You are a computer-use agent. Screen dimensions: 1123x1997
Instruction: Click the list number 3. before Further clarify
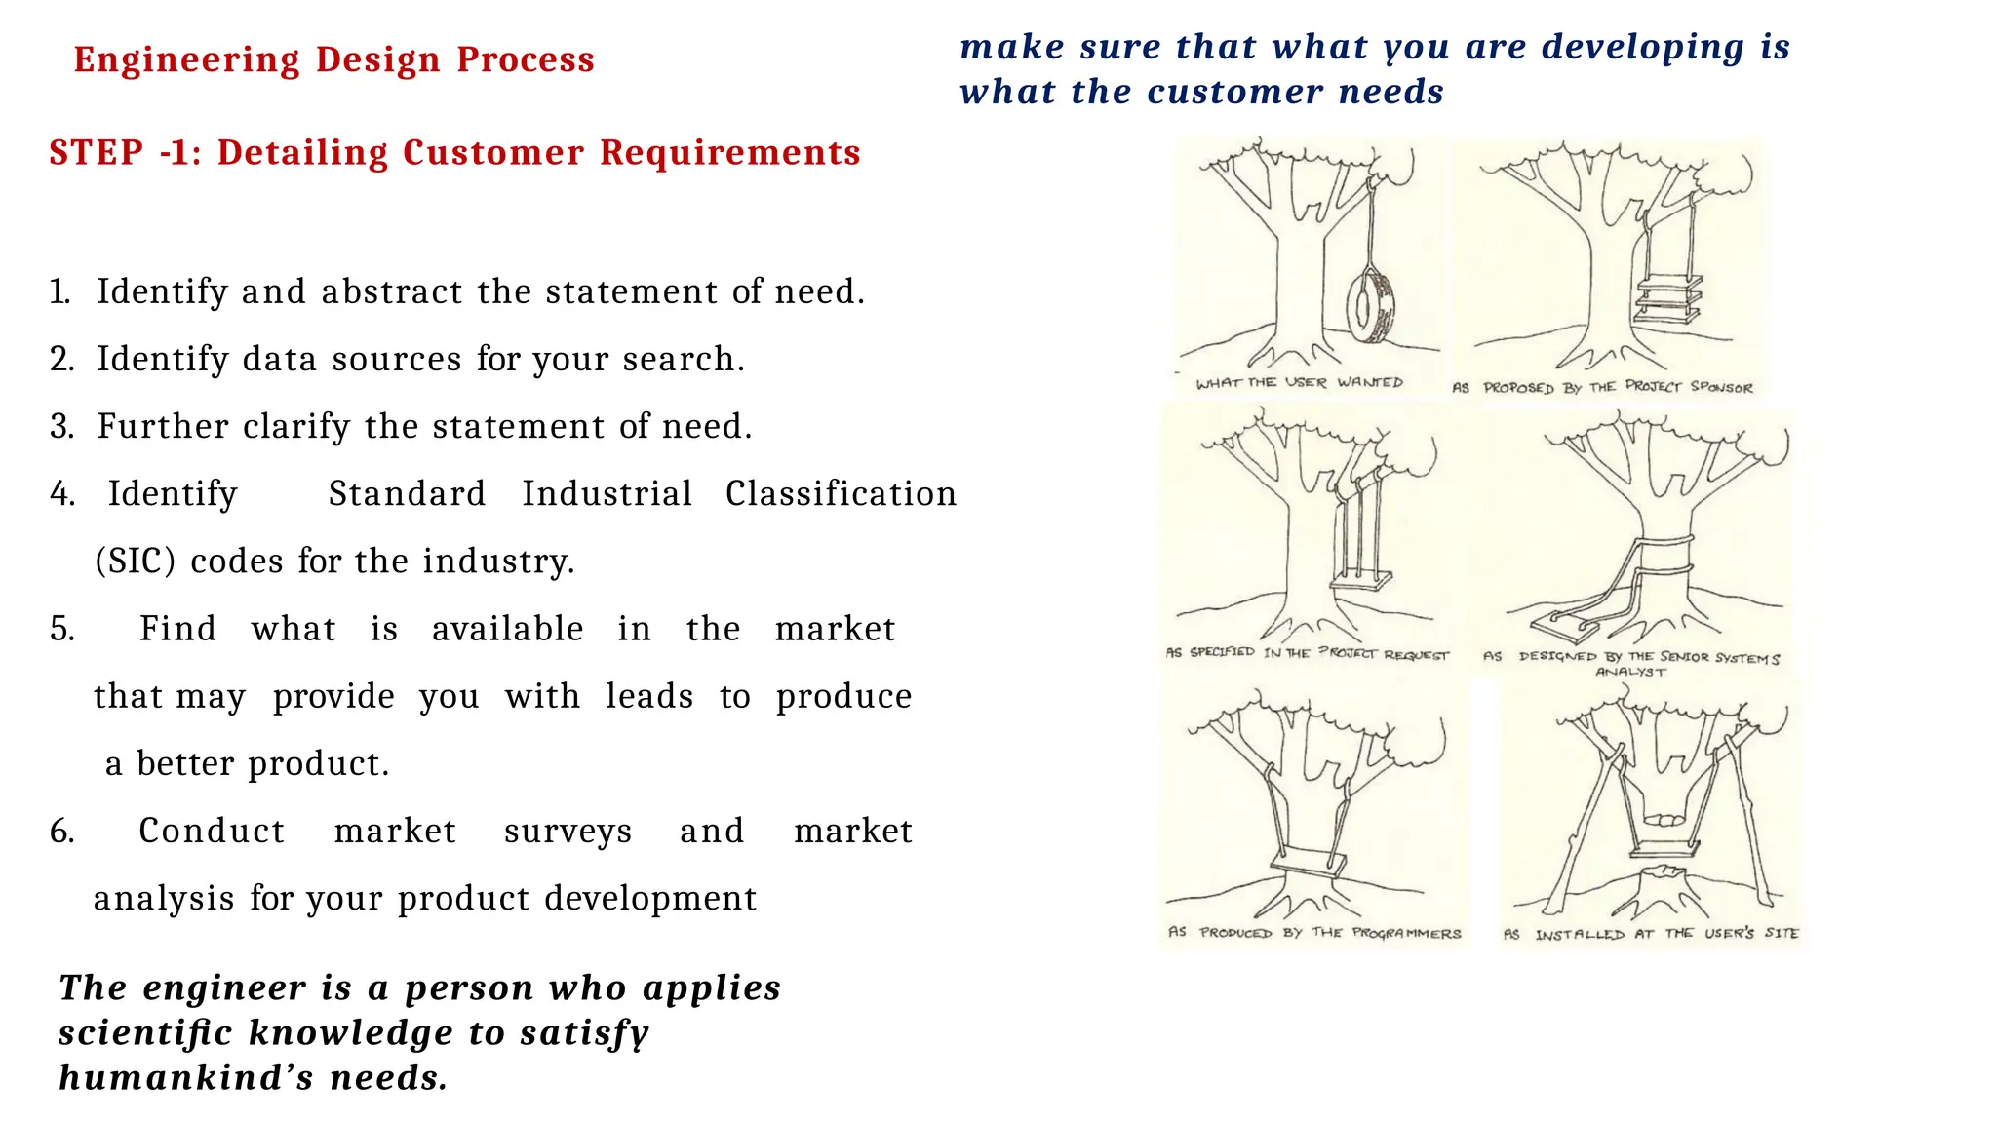coord(61,427)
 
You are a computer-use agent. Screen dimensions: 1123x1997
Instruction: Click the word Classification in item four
coord(841,494)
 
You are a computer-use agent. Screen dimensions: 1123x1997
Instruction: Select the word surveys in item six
coord(568,832)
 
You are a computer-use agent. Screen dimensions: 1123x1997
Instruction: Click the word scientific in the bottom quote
coord(145,1033)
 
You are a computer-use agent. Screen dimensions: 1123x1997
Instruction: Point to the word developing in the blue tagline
coord(1643,47)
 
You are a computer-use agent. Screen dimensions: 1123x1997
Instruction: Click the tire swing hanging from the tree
coord(1370,307)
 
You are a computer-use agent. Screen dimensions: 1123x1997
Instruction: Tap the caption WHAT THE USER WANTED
coord(1299,383)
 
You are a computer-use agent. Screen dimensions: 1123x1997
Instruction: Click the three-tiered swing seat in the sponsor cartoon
coord(1668,298)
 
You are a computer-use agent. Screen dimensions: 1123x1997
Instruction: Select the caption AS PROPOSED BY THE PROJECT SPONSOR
coord(1602,387)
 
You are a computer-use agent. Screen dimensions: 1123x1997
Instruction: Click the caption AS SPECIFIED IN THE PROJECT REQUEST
coord(1308,653)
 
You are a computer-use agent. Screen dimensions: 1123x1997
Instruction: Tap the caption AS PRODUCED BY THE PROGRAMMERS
coord(1314,933)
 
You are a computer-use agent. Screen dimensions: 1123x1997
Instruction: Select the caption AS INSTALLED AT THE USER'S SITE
coord(1651,934)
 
